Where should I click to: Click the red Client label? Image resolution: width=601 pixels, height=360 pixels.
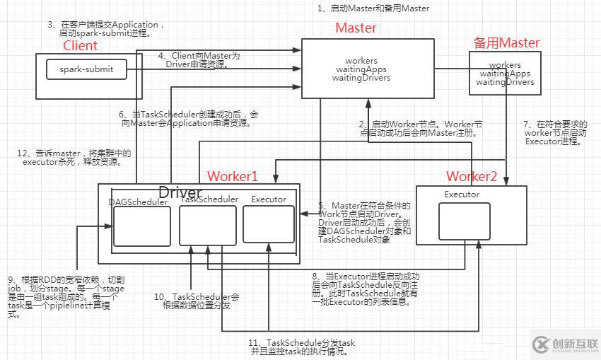pos(81,46)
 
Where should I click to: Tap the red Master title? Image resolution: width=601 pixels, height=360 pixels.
pos(355,28)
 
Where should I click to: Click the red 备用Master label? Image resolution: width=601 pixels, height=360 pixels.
pos(506,43)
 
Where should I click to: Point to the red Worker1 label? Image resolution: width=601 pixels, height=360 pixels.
pos(233,175)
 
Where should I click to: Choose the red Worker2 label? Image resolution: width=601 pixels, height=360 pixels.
pos(472,175)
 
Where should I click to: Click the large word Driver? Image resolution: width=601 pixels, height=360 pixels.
pos(180,192)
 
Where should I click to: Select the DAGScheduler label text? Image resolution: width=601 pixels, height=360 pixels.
pos(138,202)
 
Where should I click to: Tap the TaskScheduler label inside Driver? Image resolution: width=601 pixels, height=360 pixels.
pos(209,199)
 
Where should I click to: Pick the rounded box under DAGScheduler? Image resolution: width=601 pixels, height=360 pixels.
pos(141,226)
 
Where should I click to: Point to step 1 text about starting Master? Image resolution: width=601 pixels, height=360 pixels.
pos(373,8)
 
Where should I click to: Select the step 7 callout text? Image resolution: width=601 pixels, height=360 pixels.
pos(555,133)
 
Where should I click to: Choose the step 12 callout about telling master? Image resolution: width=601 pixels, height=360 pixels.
pos(74,157)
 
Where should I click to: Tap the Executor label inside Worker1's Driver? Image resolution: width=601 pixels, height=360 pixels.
pos(269,199)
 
